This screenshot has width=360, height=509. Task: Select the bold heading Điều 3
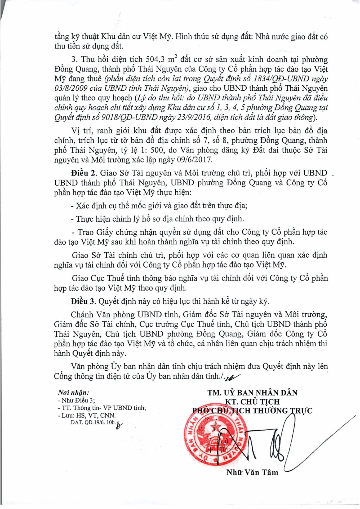(83, 301)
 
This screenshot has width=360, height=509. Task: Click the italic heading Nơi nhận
(73, 393)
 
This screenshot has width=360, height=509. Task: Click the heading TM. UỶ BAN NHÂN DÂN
(252, 393)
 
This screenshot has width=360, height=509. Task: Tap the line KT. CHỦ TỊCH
(252, 402)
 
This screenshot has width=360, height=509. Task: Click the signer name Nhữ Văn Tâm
(252, 472)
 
